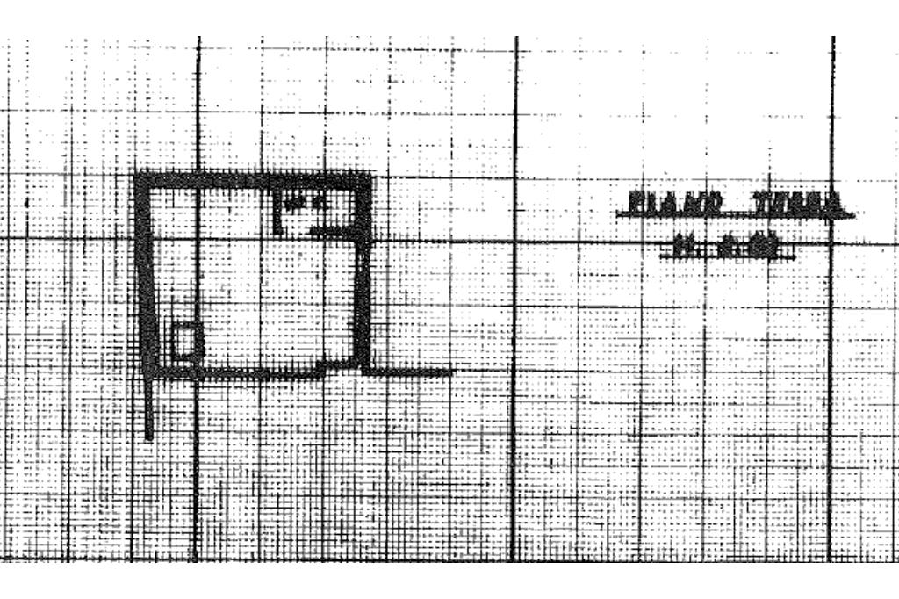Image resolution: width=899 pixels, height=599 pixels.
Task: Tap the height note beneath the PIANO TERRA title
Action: coord(726,248)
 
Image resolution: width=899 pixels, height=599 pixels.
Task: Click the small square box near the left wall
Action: coord(183,341)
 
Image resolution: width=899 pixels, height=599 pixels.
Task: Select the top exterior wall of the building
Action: coord(255,179)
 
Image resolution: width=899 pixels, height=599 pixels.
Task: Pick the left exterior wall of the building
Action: coord(146,272)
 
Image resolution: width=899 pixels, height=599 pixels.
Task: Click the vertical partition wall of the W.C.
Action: coord(278,211)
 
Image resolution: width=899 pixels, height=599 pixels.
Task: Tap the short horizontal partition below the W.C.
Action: coord(332,231)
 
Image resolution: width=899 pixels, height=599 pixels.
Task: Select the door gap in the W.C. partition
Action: coord(294,231)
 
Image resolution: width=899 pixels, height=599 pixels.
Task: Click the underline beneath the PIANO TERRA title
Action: coord(733,216)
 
